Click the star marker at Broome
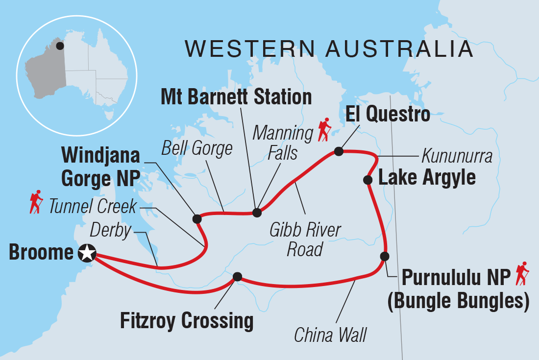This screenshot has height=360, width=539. pyautogui.click(x=87, y=253)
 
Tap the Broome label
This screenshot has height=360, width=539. pyautogui.click(x=42, y=253)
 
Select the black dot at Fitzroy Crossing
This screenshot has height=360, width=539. pyautogui.click(x=237, y=277)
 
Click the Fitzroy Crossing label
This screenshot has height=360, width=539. pyautogui.click(x=187, y=321)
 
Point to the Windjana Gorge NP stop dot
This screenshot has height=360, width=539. pyautogui.click(x=197, y=218)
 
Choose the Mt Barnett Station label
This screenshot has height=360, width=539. pyautogui.click(x=236, y=97)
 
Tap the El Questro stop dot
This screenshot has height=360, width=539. pyautogui.click(x=338, y=151)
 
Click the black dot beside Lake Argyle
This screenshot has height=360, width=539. pyautogui.click(x=367, y=180)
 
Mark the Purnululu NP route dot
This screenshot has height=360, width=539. pyautogui.click(x=385, y=256)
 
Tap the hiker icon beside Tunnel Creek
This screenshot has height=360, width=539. pyautogui.click(x=35, y=203)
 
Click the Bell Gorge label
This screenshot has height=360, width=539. pyautogui.click(x=197, y=148)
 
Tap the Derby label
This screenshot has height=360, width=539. pyautogui.click(x=111, y=231)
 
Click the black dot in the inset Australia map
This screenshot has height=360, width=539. pyautogui.click(x=60, y=46)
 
